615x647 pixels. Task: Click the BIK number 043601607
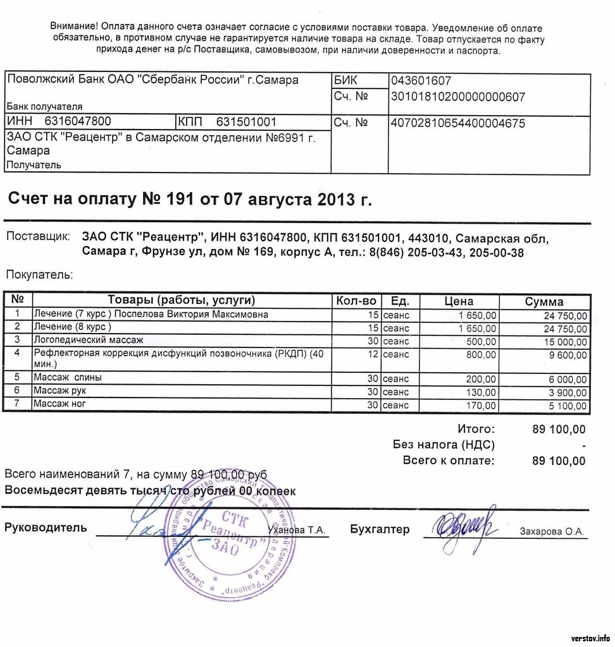point(421,81)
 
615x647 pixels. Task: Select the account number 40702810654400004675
point(458,123)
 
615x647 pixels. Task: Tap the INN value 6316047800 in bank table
point(78,121)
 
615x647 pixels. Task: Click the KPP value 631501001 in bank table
point(246,121)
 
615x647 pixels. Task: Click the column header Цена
point(459,301)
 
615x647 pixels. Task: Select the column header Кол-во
point(357,301)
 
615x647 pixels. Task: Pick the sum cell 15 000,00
point(565,342)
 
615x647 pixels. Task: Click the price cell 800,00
point(480,355)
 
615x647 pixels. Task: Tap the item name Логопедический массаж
point(89,340)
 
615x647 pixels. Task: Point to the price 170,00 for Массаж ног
point(481,405)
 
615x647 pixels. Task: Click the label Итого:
point(476,430)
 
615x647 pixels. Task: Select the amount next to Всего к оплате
point(559,461)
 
